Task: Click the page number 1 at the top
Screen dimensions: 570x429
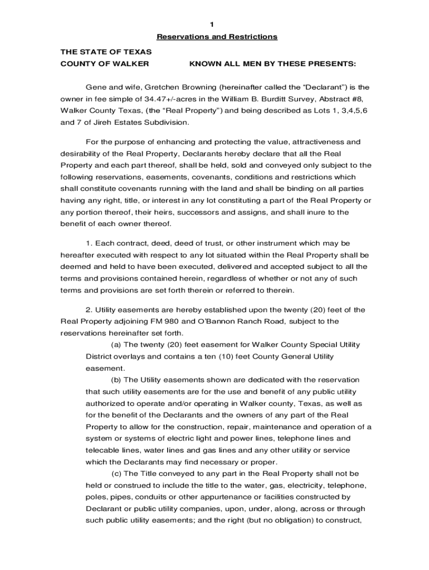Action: [212, 24]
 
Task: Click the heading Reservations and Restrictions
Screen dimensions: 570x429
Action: [217, 37]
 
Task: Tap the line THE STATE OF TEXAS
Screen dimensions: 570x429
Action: [105, 52]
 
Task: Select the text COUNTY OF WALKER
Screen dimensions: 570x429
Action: [104, 64]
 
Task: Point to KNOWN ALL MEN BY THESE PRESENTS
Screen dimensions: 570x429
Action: [272, 64]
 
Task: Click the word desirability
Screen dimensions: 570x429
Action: [81, 154]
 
